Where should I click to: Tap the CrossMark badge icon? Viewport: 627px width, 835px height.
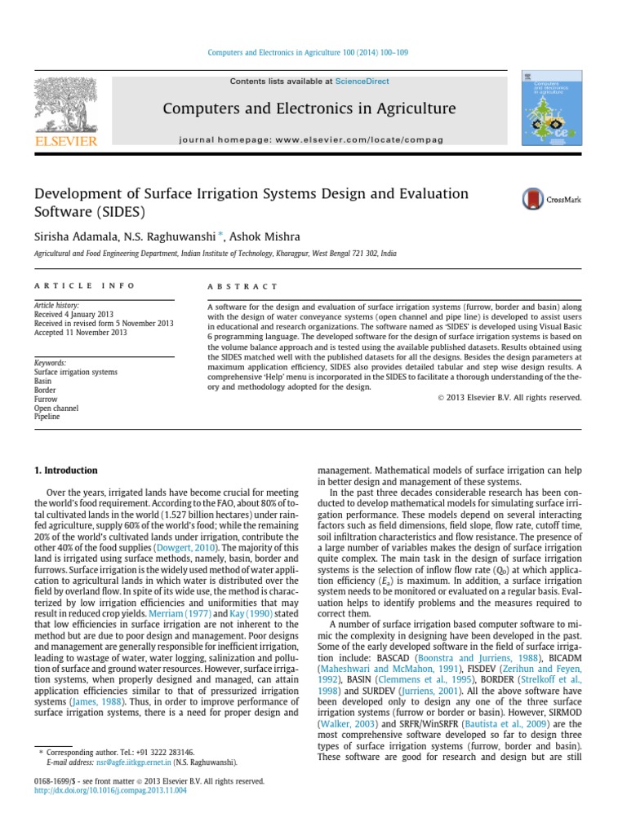(x=534, y=198)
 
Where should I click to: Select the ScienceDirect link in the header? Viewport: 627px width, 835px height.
(x=362, y=82)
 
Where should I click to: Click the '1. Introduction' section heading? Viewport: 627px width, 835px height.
(x=65, y=471)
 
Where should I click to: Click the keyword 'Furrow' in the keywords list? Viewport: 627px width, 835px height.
(x=46, y=398)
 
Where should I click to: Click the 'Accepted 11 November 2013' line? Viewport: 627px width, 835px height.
(x=80, y=333)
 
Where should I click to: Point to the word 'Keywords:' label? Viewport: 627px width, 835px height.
(x=51, y=363)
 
